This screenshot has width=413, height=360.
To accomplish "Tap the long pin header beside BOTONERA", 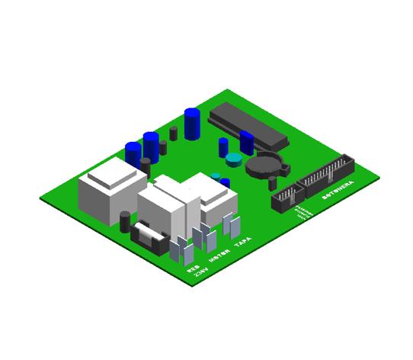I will coord(326,175).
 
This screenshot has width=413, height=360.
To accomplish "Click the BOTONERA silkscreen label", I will coord(338,191).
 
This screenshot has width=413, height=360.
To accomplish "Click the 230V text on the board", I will coord(200,272).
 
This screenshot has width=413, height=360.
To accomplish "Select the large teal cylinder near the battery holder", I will coord(233,160).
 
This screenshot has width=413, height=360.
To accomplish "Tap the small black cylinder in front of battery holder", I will coord(273,184).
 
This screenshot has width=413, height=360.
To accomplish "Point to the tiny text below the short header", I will coord(303,213).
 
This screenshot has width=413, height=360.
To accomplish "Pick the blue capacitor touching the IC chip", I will coord(246,143).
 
